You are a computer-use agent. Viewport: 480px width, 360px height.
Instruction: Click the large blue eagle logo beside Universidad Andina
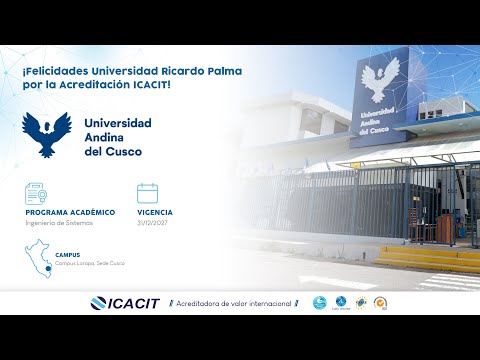coord(49,135)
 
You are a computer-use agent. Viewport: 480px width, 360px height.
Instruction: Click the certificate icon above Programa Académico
coord(37,193)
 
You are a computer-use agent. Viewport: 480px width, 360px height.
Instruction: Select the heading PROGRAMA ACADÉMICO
coord(70,213)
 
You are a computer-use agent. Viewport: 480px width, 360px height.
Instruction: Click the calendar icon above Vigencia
coord(148,193)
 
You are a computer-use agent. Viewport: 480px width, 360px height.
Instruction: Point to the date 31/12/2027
coord(155,222)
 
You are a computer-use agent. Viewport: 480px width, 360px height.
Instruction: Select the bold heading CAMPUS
coord(68,254)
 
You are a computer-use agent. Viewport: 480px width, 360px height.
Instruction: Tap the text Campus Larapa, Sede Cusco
coord(91,263)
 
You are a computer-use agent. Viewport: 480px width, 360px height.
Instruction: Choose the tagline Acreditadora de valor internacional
coord(233,303)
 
